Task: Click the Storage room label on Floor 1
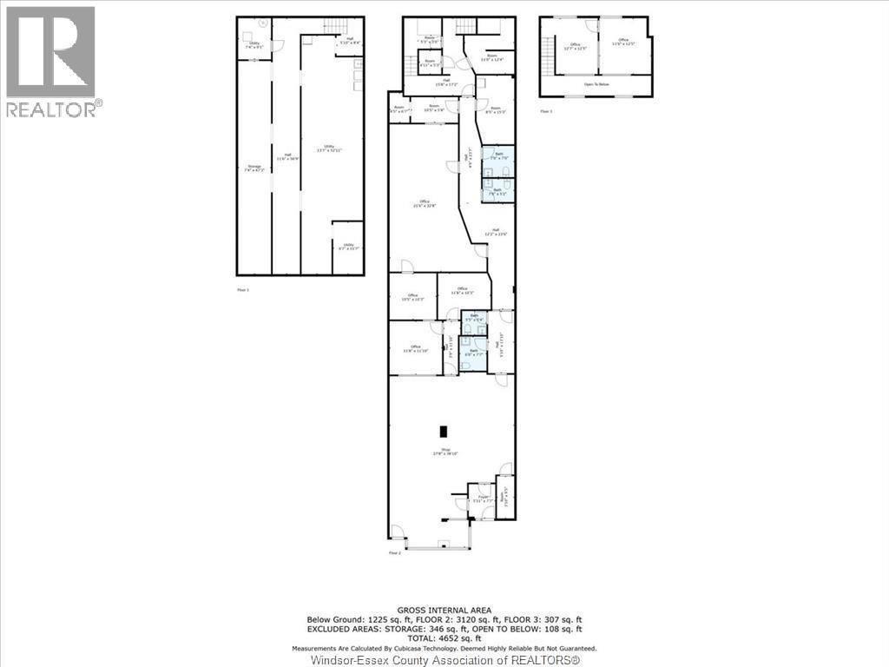[x=254, y=168]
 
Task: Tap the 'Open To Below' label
[x=596, y=85]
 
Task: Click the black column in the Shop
[x=444, y=431]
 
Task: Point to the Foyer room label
[x=482, y=499]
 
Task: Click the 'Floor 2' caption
[x=395, y=552]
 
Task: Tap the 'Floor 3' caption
[x=546, y=111]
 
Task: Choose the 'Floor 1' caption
[x=243, y=289]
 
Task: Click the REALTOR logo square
[x=51, y=51]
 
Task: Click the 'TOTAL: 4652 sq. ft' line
[x=444, y=638]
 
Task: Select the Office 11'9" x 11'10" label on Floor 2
[x=417, y=349]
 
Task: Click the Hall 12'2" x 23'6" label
[x=494, y=233]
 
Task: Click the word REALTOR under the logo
[x=51, y=109]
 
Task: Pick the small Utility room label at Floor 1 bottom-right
[x=348, y=247]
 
